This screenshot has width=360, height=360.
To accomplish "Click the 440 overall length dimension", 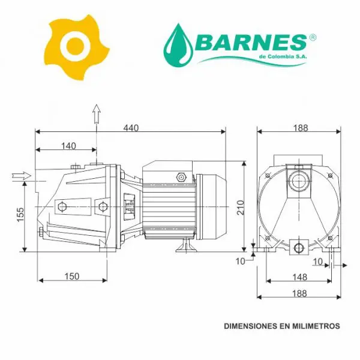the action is click(x=131, y=128).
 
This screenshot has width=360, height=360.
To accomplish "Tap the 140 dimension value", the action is click(x=68, y=146).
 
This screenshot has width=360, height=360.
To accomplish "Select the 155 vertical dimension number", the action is click(x=20, y=214).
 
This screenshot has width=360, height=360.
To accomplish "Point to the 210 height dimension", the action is click(x=241, y=208).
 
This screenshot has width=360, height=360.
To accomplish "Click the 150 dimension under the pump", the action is click(x=72, y=277).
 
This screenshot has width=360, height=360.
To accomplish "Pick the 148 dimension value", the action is click(x=300, y=277).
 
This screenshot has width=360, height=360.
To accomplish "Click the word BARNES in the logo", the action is click(x=251, y=43).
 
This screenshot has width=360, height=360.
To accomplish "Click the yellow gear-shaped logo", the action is click(x=76, y=47).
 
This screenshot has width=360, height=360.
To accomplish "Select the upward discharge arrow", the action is click(x=97, y=114).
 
